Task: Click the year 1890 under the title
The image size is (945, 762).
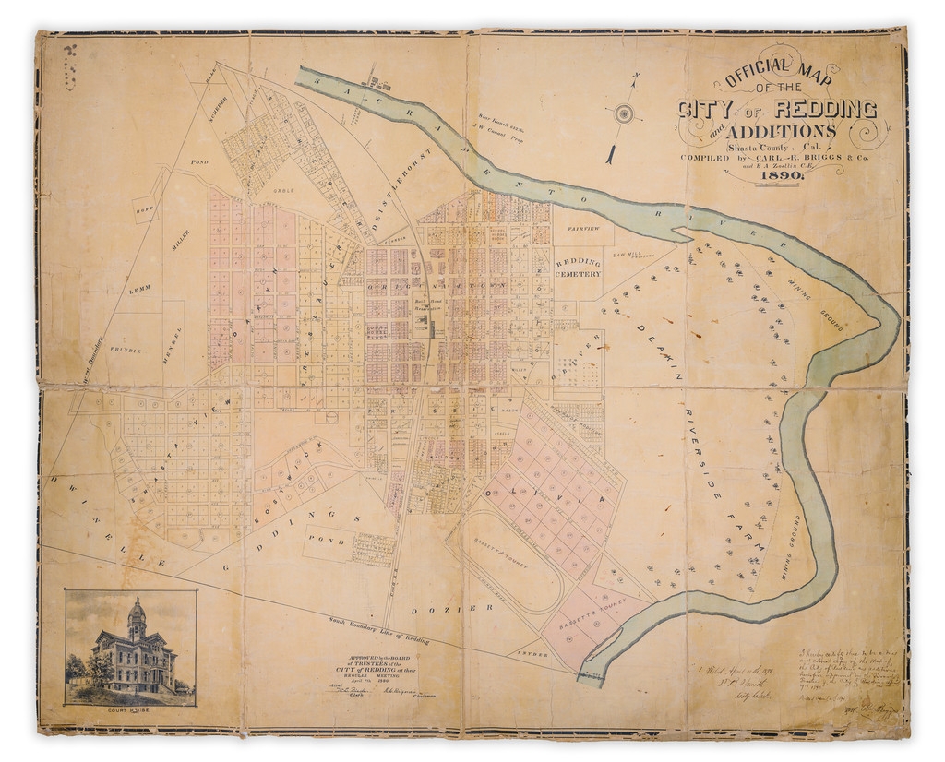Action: pyautogui.click(x=780, y=181)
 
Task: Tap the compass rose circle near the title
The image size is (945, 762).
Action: pyautogui.click(x=625, y=114)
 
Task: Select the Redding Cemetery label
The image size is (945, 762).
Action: pyautogui.click(x=579, y=268)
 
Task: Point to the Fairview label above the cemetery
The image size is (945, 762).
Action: pyautogui.click(x=583, y=227)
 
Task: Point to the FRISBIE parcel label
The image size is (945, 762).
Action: pyautogui.click(x=126, y=351)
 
